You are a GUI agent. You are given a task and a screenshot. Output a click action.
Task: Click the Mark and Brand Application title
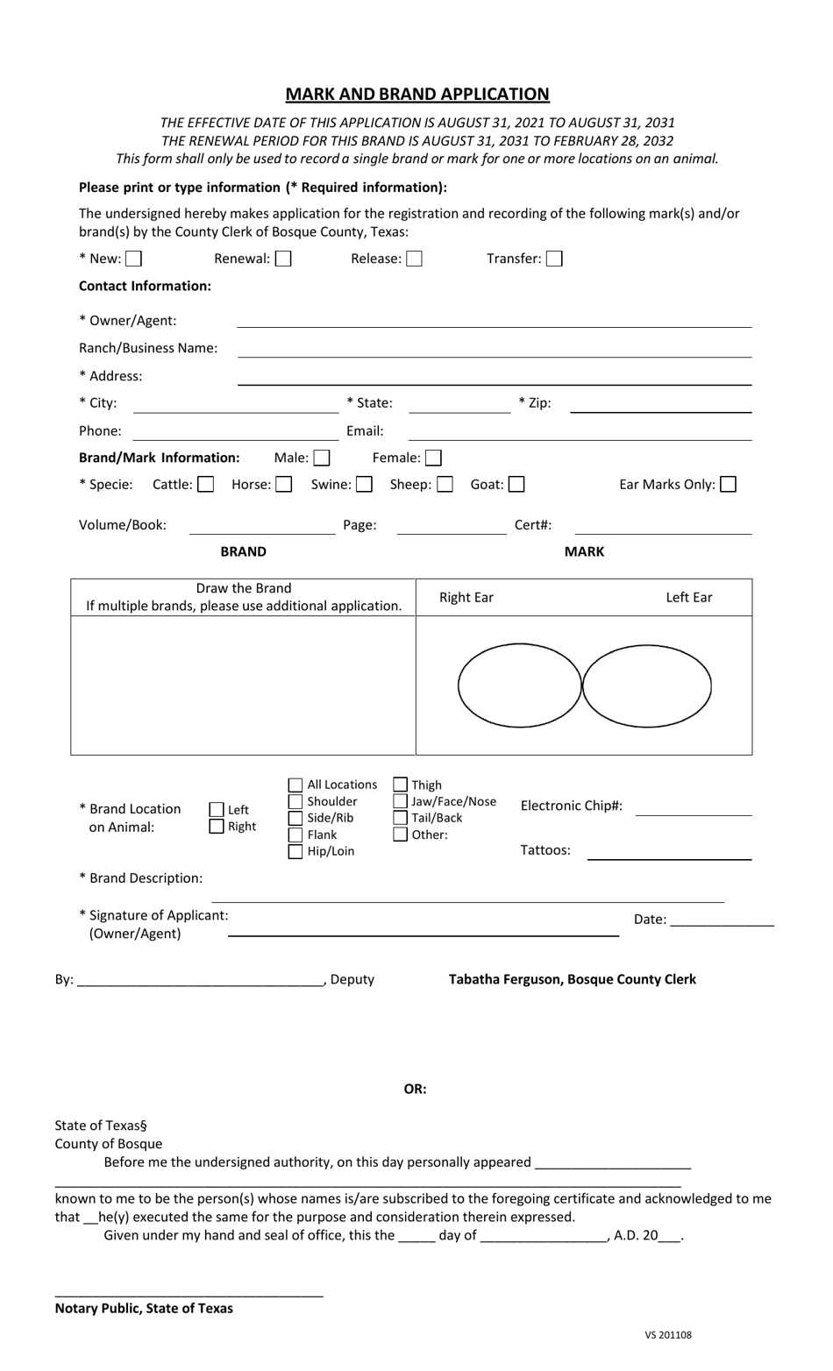(417, 94)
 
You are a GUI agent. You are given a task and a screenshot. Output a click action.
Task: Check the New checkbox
(133, 259)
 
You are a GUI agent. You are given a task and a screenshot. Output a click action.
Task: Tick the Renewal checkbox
(283, 259)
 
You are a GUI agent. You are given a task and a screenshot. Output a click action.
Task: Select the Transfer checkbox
(554, 259)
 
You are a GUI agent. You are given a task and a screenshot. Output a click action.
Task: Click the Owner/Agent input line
(495, 321)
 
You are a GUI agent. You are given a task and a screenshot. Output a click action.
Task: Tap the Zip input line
(661, 404)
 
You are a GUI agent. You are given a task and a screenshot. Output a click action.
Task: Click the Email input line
(580, 432)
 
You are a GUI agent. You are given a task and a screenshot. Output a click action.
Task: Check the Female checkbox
(433, 458)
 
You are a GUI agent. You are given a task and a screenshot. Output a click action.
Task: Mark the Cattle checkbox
(205, 485)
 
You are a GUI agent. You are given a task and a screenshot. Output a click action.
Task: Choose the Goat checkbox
(516, 485)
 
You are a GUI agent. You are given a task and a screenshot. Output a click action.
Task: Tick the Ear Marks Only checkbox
(728, 485)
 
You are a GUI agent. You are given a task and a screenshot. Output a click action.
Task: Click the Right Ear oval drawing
(519, 685)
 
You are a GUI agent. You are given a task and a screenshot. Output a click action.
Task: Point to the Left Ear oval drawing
(647, 685)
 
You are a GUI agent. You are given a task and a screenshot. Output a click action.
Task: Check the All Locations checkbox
(296, 785)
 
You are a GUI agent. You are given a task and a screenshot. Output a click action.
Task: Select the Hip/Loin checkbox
(296, 852)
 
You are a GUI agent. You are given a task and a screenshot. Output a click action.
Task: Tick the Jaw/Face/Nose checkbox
(401, 802)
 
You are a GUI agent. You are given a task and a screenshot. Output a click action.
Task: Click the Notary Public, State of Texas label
(144, 1308)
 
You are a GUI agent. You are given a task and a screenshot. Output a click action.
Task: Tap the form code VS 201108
(668, 1335)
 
